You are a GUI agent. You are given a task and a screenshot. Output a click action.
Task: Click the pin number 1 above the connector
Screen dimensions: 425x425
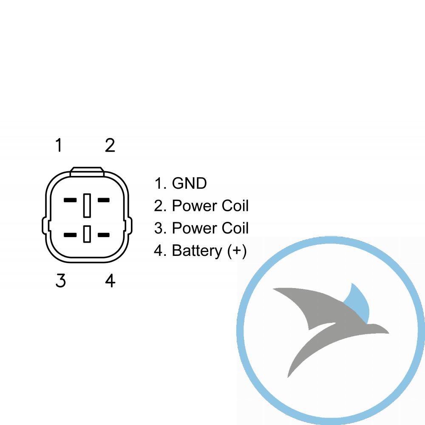tap(59, 145)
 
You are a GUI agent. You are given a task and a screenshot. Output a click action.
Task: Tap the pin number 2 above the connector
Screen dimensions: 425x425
tap(110, 145)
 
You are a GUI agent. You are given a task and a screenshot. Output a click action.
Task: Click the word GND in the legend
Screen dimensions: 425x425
tap(189, 183)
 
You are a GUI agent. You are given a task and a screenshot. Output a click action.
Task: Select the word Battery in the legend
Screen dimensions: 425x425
tap(197, 251)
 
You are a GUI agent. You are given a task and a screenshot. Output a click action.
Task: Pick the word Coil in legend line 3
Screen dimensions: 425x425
tap(235, 228)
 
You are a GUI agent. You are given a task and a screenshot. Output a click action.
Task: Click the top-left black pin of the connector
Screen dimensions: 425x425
tap(70, 200)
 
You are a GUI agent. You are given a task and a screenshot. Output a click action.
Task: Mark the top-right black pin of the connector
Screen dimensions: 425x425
tap(104, 200)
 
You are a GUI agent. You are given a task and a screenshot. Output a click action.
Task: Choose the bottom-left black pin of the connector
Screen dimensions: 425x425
tap(70, 235)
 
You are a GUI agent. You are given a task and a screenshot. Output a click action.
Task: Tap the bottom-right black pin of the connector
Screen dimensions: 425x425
tap(104, 235)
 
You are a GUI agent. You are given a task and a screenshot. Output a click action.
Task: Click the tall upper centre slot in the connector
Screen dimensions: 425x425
tap(87, 205)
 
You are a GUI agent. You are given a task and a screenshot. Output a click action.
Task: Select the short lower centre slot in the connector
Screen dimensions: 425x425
tap(87, 234)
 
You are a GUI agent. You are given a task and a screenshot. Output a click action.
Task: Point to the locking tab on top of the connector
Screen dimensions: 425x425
tap(87, 172)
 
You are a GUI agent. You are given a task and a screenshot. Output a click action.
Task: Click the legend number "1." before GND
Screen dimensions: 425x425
tap(160, 183)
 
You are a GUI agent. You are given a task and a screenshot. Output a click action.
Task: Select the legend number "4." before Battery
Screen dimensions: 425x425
tap(160, 250)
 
